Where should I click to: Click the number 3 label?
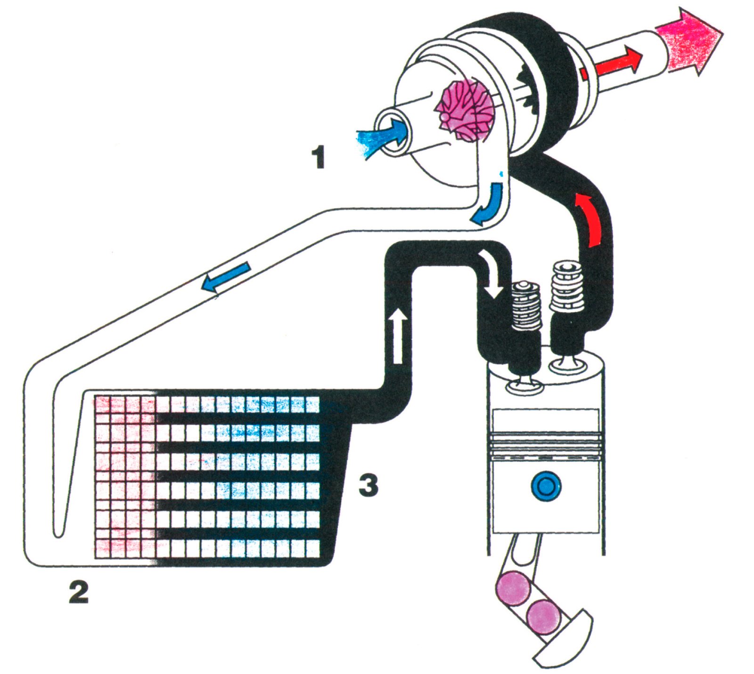click(368, 485)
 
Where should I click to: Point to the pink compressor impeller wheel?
click(465, 111)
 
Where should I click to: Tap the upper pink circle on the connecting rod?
click(513, 588)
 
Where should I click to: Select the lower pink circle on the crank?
click(545, 616)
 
